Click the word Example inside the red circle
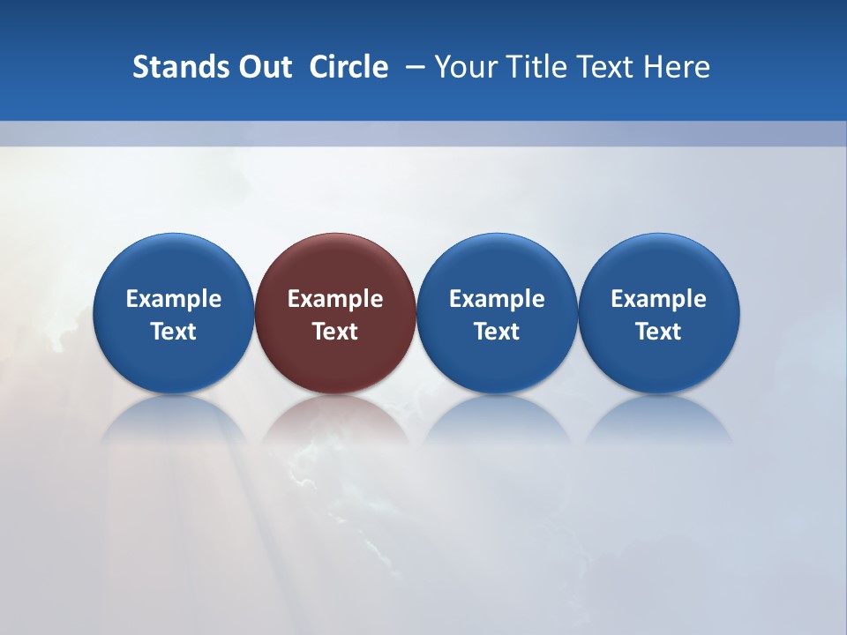pyautogui.click(x=335, y=299)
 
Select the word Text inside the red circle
pyautogui.click(x=335, y=332)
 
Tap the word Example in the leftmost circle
pyautogui.click(x=174, y=299)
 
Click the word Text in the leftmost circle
pyautogui.click(x=174, y=332)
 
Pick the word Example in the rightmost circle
pyautogui.click(x=658, y=299)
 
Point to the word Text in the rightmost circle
pyautogui.click(x=658, y=332)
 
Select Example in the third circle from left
pyautogui.click(x=497, y=299)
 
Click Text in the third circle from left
pyautogui.click(x=497, y=332)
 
